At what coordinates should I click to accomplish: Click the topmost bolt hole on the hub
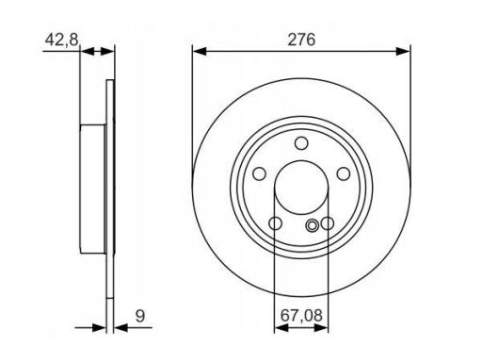click(302, 143)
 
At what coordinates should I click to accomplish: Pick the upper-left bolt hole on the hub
click(260, 174)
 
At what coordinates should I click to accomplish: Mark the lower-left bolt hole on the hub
click(276, 223)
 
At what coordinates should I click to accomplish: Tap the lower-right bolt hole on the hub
click(328, 223)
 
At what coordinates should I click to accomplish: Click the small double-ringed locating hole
click(313, 224)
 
